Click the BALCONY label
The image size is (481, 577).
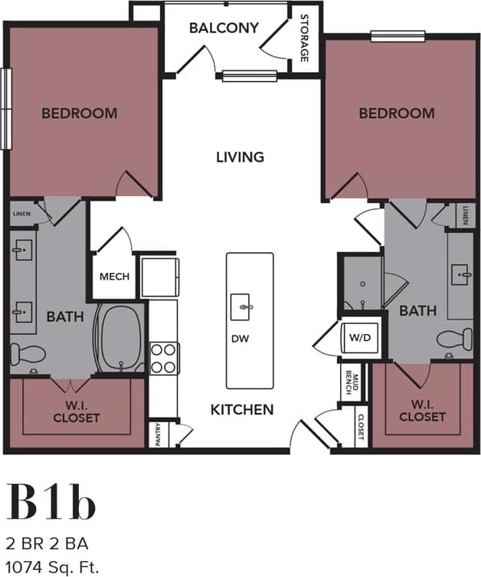tap(224, 28)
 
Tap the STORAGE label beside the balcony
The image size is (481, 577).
tap(304, 38)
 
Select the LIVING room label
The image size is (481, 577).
tap(239, 157)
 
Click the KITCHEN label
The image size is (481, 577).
tap(242, 409)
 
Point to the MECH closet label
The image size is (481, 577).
tap(115, 277)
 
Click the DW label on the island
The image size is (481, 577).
tap(240, 338)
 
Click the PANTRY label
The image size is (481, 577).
tap(157, 434)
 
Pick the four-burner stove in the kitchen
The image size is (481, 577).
tap(164, 357)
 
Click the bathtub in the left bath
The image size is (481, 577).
tap(119, 338)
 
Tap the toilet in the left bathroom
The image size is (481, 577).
tap(28, 354)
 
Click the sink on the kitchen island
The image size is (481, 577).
tap(245, 307)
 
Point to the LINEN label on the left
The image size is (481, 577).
tap(21, 214)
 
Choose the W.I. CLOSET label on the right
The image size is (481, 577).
tap(422, 411)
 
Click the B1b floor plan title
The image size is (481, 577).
tap(52, 503)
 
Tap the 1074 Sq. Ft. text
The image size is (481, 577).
tap(54, 568)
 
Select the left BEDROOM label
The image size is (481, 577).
tap(79, 113)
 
